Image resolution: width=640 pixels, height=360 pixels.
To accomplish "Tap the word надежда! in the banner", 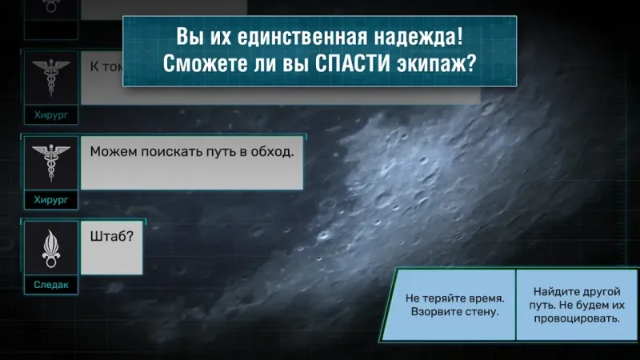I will click(x=411, y=37).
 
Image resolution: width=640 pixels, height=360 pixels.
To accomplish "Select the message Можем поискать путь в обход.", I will click(x=192, y=162).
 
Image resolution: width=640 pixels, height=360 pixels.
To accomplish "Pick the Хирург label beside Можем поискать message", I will click(x=50, y=199).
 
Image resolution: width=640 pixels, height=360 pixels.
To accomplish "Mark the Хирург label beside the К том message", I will click(x=50, y=115).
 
